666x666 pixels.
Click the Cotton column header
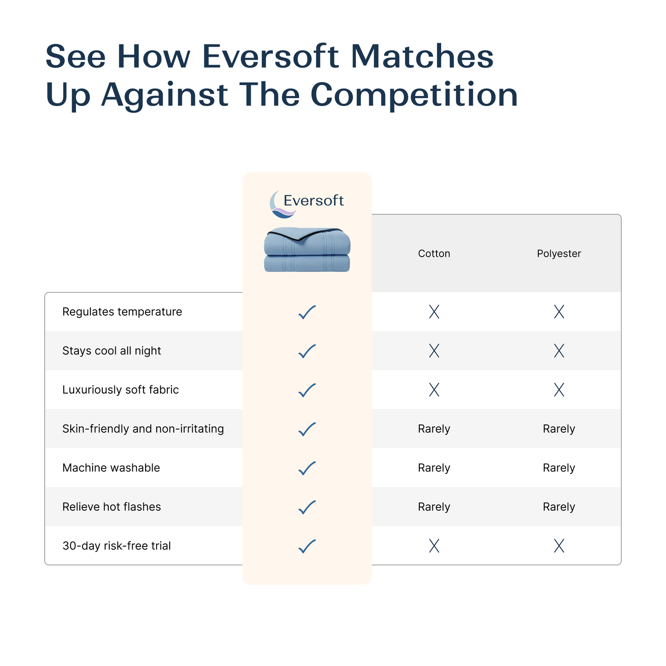coord(434,253)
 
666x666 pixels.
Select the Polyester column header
coord(559,253)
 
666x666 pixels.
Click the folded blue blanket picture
coord(307,249)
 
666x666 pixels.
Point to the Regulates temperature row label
coord(122,312)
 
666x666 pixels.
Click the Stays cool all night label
coord(112,351)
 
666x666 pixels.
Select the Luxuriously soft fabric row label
coord(120,390)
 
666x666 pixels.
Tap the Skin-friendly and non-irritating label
coord(143,429)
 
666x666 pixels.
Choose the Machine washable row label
coord(111,468)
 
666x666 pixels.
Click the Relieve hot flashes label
coord(112,507)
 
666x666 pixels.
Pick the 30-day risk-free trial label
coord(117,546)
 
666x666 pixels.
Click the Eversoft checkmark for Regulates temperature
coord(307,312)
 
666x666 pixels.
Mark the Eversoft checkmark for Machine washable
coord(307,468)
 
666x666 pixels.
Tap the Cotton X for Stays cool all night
coord(434,351)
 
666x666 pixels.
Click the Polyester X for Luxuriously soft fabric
coord(559,390)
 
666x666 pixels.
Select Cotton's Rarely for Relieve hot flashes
coord(434,507)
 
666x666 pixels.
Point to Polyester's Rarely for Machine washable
coord(559,468)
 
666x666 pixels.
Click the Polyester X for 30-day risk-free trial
coord(559,546)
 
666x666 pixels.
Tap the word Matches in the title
coord(422,57)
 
